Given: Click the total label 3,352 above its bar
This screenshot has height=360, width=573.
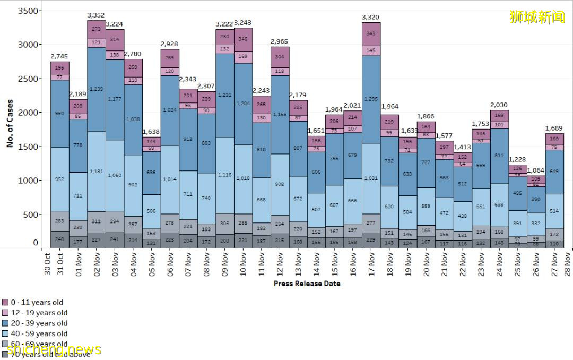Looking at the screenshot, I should (x=96, y=15).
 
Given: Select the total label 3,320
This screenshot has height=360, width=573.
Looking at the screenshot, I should (x=371, y=17).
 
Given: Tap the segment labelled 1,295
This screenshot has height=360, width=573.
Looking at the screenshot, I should (x=371, y=99).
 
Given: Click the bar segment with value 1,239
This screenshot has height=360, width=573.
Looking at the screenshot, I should (x=96, y=89).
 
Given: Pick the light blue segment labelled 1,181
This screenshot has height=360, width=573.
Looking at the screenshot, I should (x=96, y=171).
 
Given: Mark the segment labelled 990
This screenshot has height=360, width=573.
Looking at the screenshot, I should (x=59, y=113).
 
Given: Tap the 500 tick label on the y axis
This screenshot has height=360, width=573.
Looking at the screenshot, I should (x=32, y=215).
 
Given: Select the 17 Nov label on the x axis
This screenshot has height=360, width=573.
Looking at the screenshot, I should (x=371, y=262).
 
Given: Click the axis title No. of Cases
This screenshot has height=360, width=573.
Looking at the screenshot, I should (x=10, y=123).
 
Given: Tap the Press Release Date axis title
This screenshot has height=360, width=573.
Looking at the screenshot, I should (x=307, y=284).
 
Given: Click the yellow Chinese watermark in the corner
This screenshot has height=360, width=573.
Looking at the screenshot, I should (x=537, y=17).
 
